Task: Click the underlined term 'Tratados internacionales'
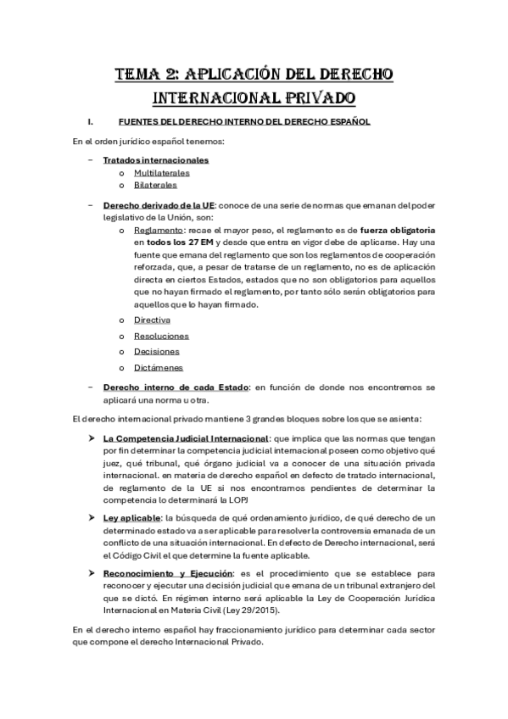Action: (x=156, y=159)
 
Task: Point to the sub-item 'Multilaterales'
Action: (x=161, y=172)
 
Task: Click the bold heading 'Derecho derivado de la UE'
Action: (x=159, y=205)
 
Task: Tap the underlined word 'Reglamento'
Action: (x=158, y=230)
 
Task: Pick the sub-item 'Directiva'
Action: (x=152, y=320)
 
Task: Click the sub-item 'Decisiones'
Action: (x=156, y=351)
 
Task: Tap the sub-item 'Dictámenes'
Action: (x=158, y=367)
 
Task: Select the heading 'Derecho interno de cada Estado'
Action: (x=176, y=387)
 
